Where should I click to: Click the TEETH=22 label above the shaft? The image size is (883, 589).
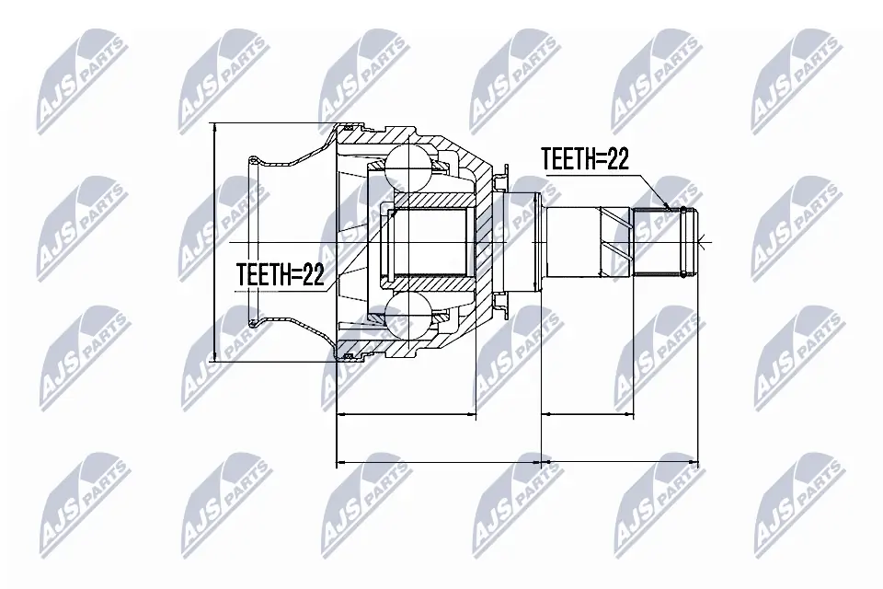(584, 159)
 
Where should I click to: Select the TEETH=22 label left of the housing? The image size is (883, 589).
(281, 275)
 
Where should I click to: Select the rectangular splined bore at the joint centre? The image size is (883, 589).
(430, 243)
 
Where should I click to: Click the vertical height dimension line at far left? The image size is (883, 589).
(214, 243)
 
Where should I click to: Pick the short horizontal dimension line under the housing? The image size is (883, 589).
(407, 416)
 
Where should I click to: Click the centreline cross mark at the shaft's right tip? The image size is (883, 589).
(701, 243)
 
